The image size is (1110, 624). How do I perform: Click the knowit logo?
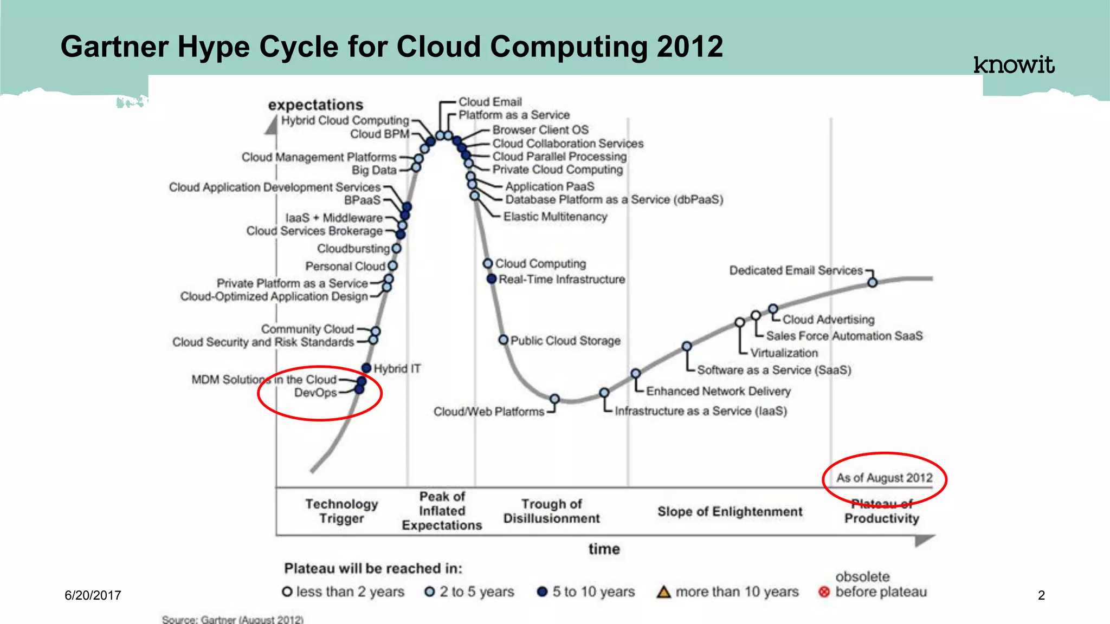coord(1014,65)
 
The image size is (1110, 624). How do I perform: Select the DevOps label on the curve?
coord(315,393)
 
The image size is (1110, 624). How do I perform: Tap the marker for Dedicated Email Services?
coord(872,282)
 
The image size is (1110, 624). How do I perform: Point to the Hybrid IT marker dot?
coord(366,368)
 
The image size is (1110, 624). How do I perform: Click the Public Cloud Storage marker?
coord(504,340)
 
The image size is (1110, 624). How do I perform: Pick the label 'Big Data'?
coord(374,170)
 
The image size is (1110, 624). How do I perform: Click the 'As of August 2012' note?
coord(884,478)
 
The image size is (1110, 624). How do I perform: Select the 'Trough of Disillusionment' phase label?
coord(551,511)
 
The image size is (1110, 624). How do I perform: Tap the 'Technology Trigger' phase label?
coord(341,511)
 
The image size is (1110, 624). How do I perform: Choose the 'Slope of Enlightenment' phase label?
coord(730,512)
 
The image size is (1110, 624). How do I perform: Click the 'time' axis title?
coord(604,549)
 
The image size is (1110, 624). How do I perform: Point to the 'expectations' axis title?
coord(315,105)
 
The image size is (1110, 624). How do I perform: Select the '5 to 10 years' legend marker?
coord(542,591)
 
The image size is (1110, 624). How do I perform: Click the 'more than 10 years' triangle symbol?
coord(663,591)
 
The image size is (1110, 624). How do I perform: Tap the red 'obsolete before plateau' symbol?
coord(824,592)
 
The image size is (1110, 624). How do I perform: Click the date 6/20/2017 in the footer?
coord(93,595)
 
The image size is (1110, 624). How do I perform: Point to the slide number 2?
coord(1041,595)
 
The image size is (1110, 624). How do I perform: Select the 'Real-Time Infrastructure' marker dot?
coord(492,279)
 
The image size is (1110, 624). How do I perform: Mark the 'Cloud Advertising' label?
coord(828,320)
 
